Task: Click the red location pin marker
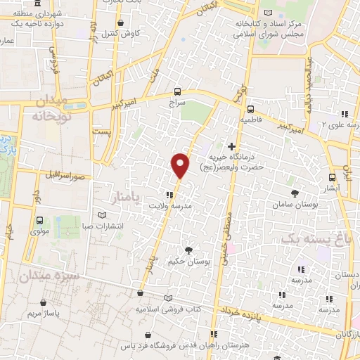click(180, 165)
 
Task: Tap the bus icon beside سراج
click(177, 91)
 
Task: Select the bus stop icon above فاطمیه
click(250, 109)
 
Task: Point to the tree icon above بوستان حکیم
click(188, 250)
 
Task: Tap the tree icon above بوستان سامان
click(294, 193)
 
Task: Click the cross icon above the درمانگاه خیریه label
click(231, 146)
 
